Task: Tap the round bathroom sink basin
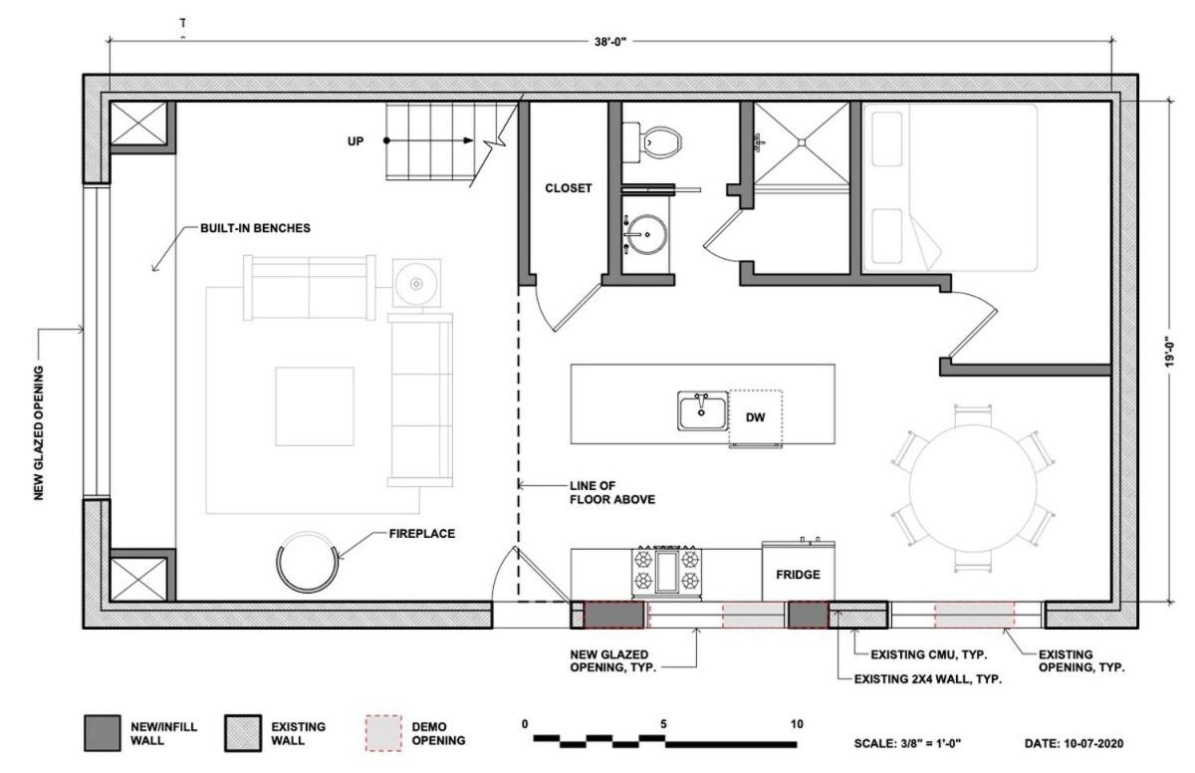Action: click(646, 234)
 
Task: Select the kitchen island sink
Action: click(702, 410)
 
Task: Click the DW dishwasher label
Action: click(755, 417)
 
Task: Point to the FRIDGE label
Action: click(798, 575)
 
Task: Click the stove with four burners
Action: click(667, 573)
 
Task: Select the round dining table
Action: click(973, 488)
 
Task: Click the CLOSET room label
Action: click(569, 188)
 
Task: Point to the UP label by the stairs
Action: click(356, 141)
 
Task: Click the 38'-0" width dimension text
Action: click(609, 41)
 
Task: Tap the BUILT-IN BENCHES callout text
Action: click(255, 228)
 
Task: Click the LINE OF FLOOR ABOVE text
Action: click(611, 492)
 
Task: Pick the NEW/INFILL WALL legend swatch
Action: click(102, 733)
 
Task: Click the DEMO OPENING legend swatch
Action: click(383, 733)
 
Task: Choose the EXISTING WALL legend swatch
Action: click(243, 733)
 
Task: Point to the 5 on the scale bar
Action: click(663, 724)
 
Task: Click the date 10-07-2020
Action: click(1092, 744)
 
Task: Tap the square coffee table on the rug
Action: click(315, 406)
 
